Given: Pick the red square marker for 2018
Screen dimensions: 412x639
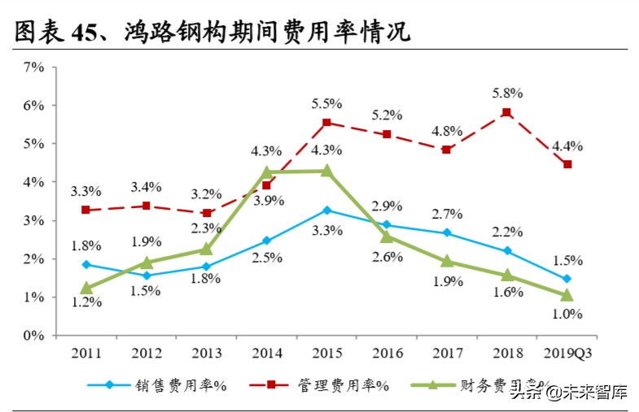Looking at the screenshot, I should coord(506,113).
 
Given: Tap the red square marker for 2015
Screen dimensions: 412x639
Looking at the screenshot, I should coord(326,123).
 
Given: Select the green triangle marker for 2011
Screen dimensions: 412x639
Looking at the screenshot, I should coord(85,288).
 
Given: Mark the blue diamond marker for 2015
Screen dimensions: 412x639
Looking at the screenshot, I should coord(326,210).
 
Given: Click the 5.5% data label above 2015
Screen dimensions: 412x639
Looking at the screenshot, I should coord(326,103).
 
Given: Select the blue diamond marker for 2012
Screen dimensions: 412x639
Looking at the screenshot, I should coord(146,275).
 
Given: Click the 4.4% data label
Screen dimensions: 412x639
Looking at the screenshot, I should coord(567,146).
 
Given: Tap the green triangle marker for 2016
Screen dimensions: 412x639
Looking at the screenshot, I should coord(387,236).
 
